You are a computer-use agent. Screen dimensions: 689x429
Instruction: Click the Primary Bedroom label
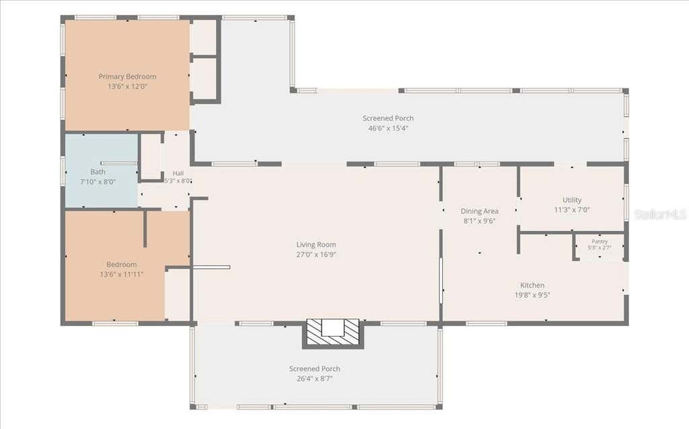[127, 77]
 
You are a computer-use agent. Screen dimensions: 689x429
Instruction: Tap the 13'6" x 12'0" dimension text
[127, 86]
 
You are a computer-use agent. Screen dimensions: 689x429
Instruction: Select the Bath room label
[98, 172]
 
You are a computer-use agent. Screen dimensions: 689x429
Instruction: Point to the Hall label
[178, 173]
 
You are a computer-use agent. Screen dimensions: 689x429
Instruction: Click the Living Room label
[316, 244]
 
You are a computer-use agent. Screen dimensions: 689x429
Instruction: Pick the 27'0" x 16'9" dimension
[316, 255]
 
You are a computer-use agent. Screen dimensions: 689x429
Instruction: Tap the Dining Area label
[479, 211]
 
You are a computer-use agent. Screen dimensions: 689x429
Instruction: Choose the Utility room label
[572, 200]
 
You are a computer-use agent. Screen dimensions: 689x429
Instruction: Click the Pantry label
[600, 242]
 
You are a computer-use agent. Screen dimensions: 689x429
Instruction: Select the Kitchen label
[533, 285]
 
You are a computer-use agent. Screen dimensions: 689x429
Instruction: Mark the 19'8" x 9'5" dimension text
[533, 295]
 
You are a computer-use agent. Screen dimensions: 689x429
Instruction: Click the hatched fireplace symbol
[332, 333]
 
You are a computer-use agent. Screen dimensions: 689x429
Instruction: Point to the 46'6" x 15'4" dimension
[388, 128]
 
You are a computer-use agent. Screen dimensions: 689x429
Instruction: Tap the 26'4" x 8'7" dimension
[315, 378]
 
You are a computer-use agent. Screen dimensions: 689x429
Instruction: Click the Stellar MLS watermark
[660, 214]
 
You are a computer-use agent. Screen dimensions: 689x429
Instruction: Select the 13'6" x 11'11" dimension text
[122, 274]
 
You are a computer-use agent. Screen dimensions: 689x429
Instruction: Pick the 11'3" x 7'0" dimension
[572, 210]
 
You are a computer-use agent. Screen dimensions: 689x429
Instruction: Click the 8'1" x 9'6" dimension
[479, 221]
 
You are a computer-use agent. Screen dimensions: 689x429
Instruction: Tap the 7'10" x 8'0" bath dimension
[98, 182]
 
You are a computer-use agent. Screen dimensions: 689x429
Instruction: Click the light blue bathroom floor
[102, 193]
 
